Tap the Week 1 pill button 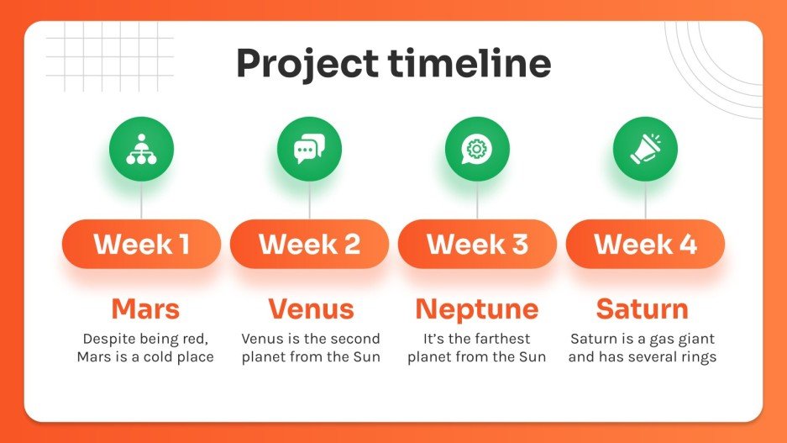[x=141, y=244]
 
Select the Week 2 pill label [x=309, y=244]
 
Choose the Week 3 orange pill [x=477, y=244]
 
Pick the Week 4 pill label [x=645, y=244]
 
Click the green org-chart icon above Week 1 [x=141, y=149]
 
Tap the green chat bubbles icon [x=309, y=149]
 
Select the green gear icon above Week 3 [x=477, y=149]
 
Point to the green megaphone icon [x=645, y=149]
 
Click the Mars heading [x=145, y=309]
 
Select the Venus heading [x=311, y=309]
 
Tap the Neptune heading [x=476, y=309]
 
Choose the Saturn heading [x=643, y=309]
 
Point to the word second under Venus [x=355, y=339]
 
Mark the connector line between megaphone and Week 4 [x=645, y=200]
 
